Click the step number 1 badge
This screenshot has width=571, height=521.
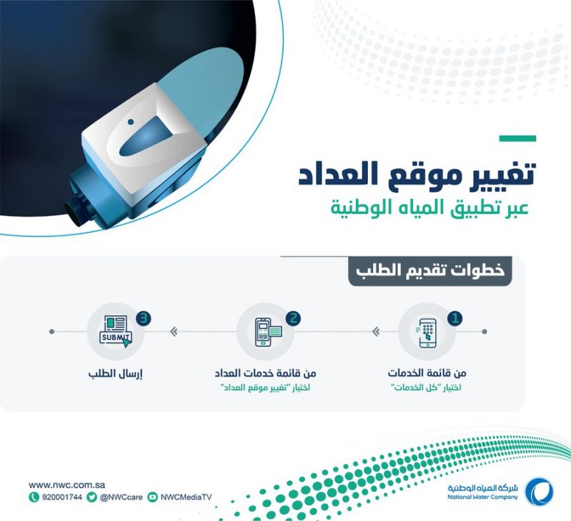455,318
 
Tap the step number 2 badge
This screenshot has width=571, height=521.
293,318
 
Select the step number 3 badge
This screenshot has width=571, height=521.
144,318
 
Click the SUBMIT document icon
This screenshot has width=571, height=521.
116,331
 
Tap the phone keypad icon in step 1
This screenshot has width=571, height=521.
426,333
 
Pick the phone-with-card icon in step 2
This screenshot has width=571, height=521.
269,332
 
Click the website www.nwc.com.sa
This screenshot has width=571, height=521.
67,485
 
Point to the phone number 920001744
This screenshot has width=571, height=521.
62,497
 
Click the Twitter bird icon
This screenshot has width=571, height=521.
91,497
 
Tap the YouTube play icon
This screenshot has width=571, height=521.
153,497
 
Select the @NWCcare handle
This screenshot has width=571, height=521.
121,497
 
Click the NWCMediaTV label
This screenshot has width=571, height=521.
186,497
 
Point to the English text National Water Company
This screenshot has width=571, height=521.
482,497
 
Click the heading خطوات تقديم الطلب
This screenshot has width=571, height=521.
430,271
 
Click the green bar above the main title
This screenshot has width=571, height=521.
517,139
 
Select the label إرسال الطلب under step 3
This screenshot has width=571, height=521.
115,374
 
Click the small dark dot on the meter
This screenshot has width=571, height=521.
131,122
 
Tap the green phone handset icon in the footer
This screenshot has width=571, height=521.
34,497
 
